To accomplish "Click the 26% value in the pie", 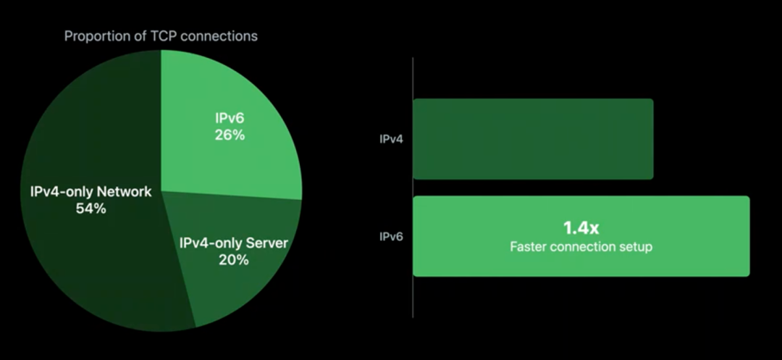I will pos(230,135).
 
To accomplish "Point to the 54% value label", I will pos(91,209).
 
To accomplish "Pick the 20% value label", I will pos(233,259).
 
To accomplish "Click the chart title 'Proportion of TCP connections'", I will pos(161,35).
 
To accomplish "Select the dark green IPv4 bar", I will pos(533,139).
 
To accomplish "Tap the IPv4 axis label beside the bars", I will pos(391,139).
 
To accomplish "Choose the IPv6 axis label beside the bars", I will pos(391,236).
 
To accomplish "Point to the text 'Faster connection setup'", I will pos(581,247).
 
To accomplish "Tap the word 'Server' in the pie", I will pos(267,243).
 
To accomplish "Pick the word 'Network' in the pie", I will pos(124,192).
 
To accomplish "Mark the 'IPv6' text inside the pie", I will pos(230,119).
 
